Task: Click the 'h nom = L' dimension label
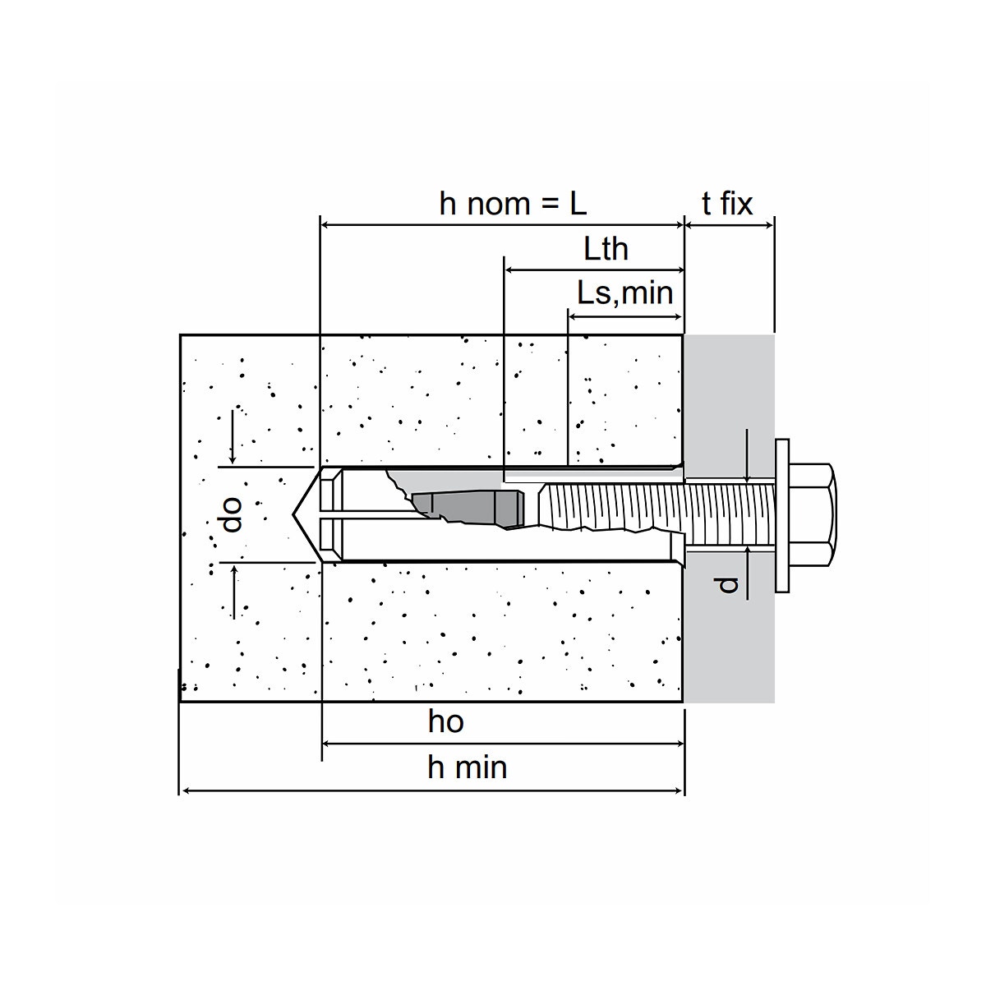point(513,204)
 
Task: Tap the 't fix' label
point(727,204)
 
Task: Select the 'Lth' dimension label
point(606,249)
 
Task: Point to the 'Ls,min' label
point(624,293)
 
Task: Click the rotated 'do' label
point(233,514)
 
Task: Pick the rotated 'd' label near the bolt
point(726,584)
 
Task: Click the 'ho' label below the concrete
point(445,721)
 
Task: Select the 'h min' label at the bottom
point(467,767)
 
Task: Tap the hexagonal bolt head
point(813,514)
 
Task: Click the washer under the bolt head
point(781,514)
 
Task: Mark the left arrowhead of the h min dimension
point(184,790)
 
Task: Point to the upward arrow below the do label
point(233,572)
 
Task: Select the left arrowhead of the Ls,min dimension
point(573,316)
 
